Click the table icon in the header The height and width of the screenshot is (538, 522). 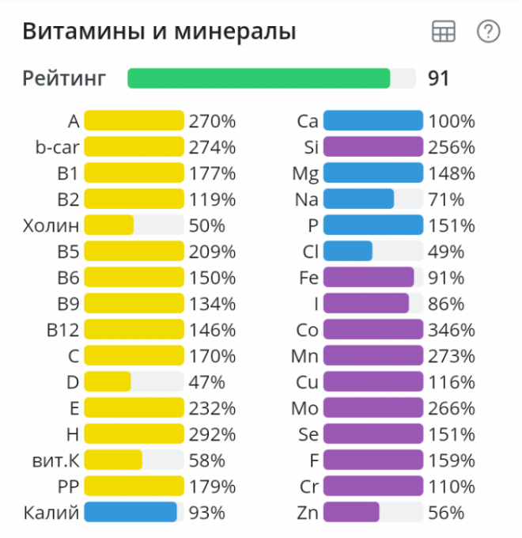point(443,32)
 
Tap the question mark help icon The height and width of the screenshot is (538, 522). point(489,32)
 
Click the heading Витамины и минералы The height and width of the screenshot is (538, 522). point(159,32)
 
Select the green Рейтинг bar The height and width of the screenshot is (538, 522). point(259,78)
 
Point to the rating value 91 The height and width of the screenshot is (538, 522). point(439,78)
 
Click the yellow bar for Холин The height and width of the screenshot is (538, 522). point(109,225)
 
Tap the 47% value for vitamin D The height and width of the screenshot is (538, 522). point(206,381)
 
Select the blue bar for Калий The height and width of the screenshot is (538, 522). point(130,512)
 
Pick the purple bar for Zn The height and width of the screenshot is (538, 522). point(351,512)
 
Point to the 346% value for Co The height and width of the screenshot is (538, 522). point(452,329)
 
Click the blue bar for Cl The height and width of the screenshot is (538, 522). point(348,251)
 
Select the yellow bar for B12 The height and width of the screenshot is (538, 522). point(134,329)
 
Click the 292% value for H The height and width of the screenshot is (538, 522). point(212,434)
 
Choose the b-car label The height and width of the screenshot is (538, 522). point(51,147)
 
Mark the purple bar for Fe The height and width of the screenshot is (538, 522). point(369,277)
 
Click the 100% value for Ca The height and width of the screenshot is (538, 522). point(452,121)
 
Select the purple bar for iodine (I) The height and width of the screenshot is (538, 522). point(366,303)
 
